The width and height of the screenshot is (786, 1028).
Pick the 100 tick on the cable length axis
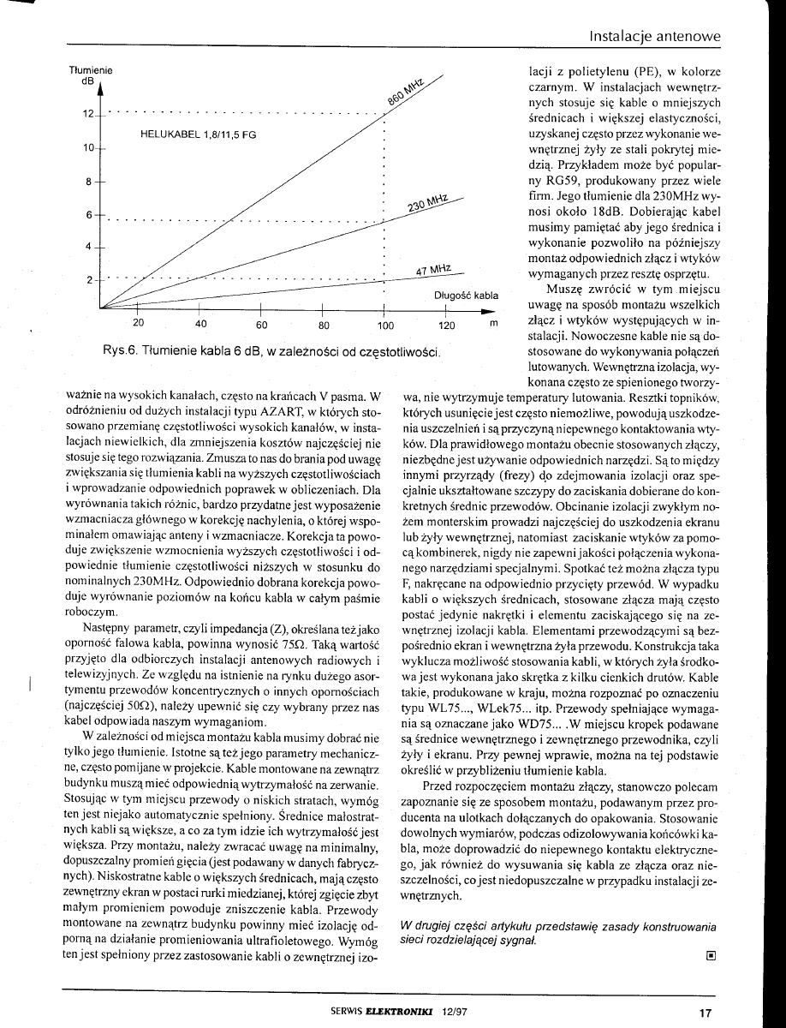pos(385,325)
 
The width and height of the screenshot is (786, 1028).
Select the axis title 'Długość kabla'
pos(466,296)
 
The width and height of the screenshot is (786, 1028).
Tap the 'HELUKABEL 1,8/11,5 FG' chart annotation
pos(197,134)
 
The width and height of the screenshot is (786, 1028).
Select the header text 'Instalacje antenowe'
pos(655,37)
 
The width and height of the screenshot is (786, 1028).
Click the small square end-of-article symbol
pos(710,952)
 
